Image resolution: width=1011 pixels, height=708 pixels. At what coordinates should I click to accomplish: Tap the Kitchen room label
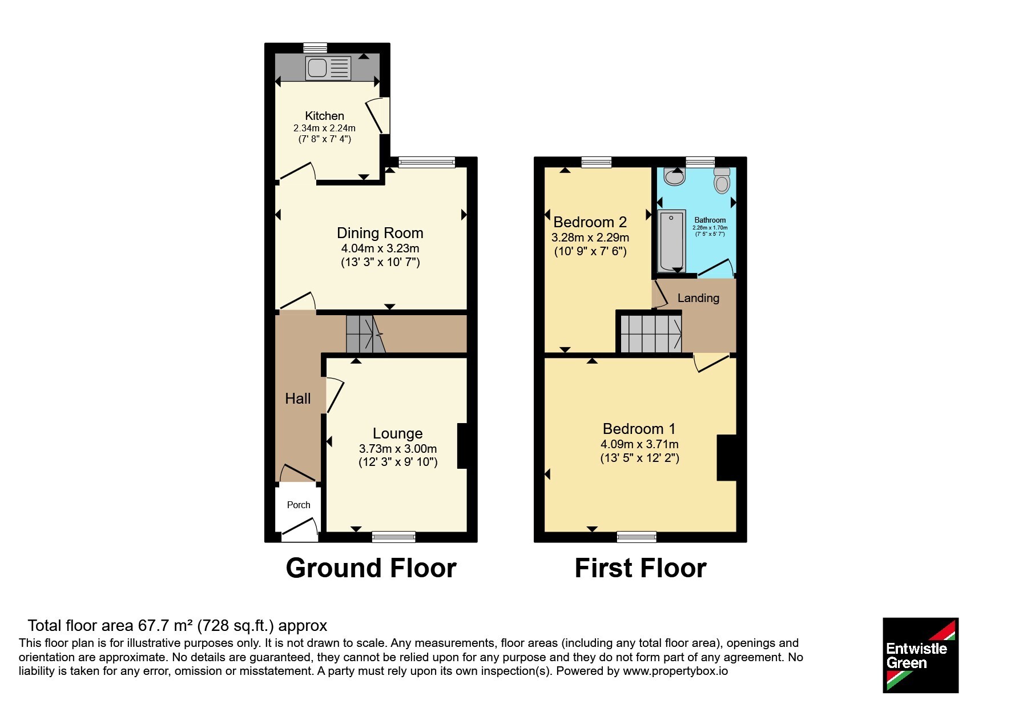(x=324, y=116)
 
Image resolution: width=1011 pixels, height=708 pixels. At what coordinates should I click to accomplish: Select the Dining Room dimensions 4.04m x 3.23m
(x=380, y=248)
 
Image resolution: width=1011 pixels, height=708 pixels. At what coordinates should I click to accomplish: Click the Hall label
(x=298, y=399)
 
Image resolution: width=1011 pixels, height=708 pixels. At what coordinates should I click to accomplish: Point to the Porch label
(x=299, y=505)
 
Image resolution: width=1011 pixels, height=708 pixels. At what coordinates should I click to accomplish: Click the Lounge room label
(x=398, y=433)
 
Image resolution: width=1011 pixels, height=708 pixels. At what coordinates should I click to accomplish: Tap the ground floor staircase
(x=365, y=334)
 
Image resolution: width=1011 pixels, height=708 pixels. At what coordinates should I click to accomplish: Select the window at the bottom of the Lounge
(x=393, y=537)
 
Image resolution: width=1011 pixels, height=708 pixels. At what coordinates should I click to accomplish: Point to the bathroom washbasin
(x=675, y=176)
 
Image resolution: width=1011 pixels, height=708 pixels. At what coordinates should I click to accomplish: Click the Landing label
(x=698, y=298)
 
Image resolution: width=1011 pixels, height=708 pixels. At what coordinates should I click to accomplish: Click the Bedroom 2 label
(x=590, y=222)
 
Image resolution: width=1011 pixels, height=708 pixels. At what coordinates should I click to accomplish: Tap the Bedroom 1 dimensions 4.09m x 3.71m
(x=639, y=444)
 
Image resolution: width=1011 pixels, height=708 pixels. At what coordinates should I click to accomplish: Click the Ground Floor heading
(x=371, y=568)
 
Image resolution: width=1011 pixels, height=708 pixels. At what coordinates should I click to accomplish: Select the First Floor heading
(x=641, y=568)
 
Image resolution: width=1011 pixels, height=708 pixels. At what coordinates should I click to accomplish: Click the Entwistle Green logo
(x=920, y=655)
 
